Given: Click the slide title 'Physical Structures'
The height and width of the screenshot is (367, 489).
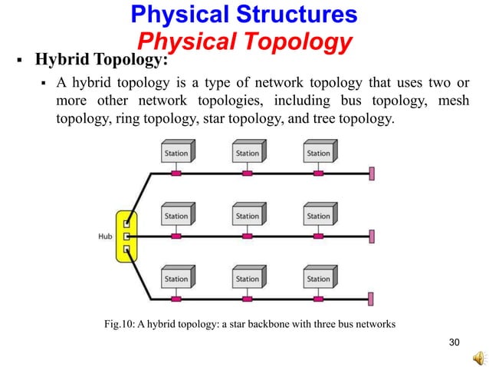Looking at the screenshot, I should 244,14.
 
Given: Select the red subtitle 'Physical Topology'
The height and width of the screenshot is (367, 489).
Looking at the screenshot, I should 243,40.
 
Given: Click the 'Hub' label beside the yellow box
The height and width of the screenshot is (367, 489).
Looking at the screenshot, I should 105,236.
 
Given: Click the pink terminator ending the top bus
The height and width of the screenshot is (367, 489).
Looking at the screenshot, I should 372,174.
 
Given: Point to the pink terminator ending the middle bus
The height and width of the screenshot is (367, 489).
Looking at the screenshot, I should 372,236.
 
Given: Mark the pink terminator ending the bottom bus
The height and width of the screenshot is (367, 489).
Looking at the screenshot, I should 372,299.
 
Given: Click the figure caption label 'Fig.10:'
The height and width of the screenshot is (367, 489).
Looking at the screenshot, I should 120,324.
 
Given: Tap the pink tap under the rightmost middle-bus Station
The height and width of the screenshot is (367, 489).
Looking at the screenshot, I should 318,236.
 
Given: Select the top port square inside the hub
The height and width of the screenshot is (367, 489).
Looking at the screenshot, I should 128,225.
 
